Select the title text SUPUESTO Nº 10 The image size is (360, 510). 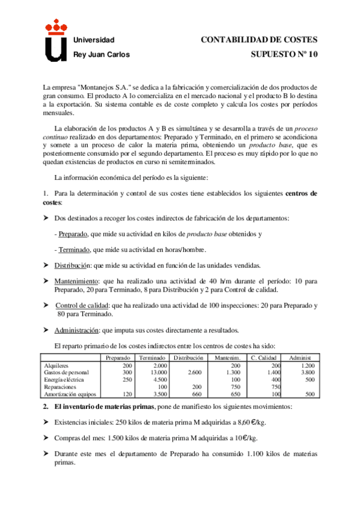pyautogui.click(x=284, y=54)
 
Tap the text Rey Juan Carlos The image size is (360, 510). pyautogui.click(x=100, y=54)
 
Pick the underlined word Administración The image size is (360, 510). pyautogui.click(x=77, y=330)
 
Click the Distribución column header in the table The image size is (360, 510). pyautogui.click(x=188, y=358)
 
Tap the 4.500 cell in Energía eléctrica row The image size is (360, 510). pyautogui.click(x=159, y=379)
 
